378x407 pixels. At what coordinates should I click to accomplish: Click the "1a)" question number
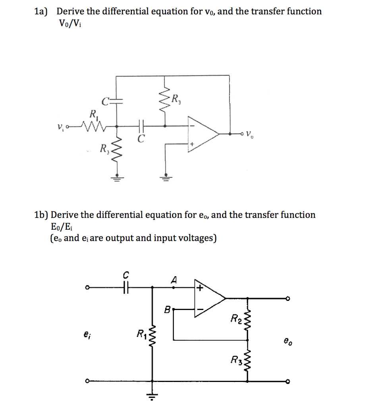(x=41, y=12)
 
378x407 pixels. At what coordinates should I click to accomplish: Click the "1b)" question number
(x=41, y=215)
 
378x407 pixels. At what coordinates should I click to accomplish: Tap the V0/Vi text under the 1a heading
(x=71, y=23)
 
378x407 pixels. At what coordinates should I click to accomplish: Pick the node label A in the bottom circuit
(x=173, y=279)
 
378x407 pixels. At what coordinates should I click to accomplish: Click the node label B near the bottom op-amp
(x=167, y=308)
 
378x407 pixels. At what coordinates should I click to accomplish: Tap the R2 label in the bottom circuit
(x=235, y=318)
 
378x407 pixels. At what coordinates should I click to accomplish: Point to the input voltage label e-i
(x=87, y=335)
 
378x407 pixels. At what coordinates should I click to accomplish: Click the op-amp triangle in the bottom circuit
(x=208, y=298)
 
